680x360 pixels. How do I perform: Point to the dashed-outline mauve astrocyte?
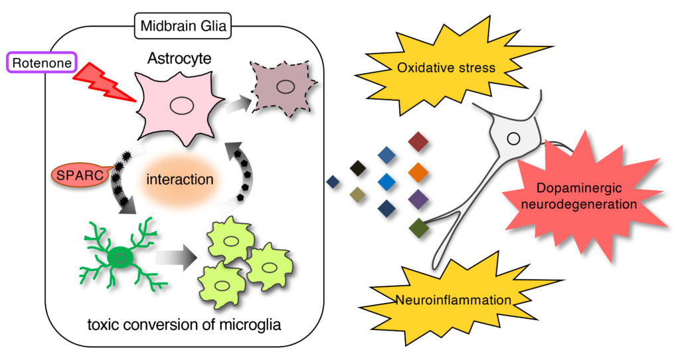pos(284,87)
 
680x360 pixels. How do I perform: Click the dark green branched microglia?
pos(120,255)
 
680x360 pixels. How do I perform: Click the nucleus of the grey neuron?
pos(513,139)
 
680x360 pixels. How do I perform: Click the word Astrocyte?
pos(179,59)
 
